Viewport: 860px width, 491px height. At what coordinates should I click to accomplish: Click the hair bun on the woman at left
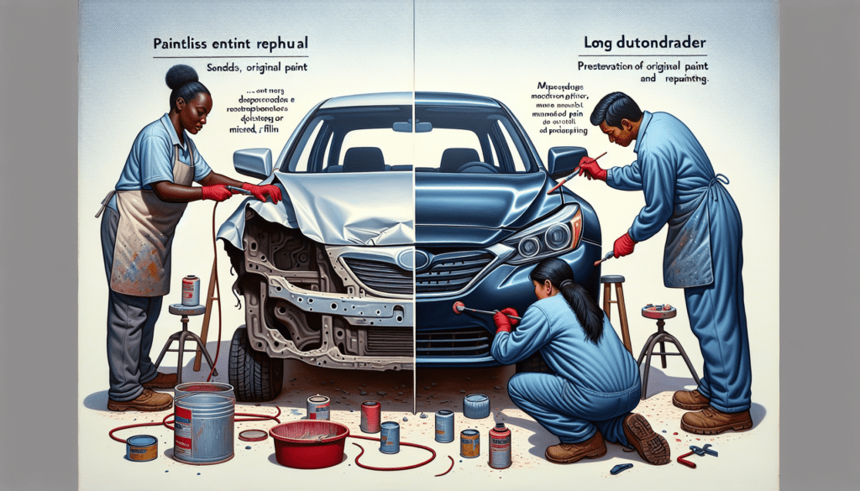point(181,77)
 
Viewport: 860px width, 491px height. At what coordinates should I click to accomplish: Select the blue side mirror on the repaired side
point(566,159)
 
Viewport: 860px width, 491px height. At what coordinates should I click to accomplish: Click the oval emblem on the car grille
point(413,259)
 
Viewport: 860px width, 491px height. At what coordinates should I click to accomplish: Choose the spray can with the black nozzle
point(500,445)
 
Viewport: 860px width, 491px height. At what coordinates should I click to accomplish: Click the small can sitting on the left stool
point(191,290)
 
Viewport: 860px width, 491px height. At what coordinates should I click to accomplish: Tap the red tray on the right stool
point(659,311)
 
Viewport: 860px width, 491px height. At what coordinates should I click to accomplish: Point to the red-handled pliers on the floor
point(698,452)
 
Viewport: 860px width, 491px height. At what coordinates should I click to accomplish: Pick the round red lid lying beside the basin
point(253,434)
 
